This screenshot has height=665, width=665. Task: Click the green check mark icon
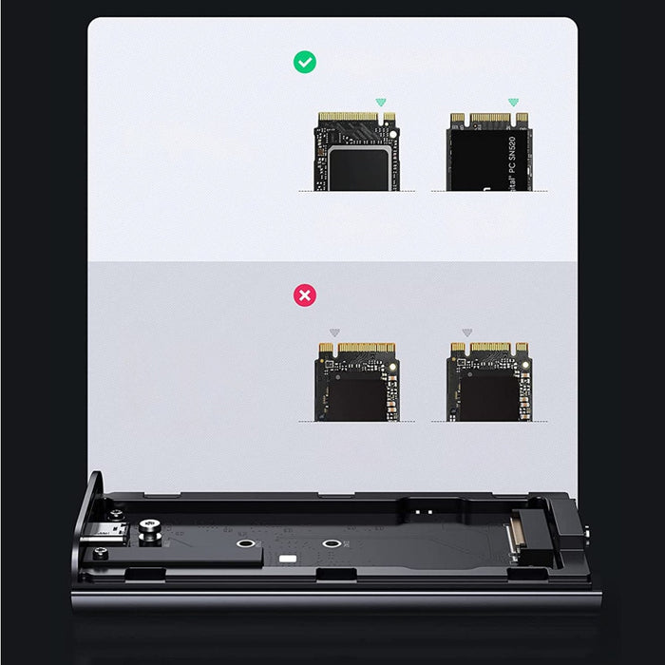[305, 63]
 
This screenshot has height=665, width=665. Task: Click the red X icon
[305, 296]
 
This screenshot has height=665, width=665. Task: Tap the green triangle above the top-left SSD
[381, 102]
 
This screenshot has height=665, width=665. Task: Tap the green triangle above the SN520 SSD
[514, 102]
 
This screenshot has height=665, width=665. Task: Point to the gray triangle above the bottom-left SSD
[333, 332]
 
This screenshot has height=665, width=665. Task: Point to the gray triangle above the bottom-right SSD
[466, 332]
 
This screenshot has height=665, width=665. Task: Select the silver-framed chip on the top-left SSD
[356, 167]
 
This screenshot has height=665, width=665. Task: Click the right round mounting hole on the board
[331, 545]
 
